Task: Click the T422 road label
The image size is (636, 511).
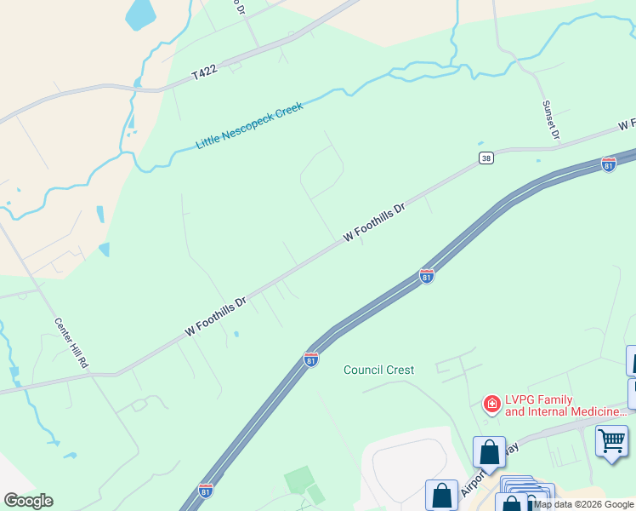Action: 204,74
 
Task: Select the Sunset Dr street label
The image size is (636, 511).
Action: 551,120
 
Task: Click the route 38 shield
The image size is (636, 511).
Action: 486,158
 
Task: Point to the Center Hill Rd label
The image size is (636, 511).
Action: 71,343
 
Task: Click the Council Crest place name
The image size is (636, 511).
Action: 378,370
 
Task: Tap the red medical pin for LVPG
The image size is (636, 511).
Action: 491,404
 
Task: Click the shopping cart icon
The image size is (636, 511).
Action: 610,441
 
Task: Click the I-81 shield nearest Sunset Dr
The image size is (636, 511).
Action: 609,164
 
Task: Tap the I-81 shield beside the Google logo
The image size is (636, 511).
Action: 206,490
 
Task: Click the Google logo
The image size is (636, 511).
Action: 28,501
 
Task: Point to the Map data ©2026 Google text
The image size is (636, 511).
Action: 584,504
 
